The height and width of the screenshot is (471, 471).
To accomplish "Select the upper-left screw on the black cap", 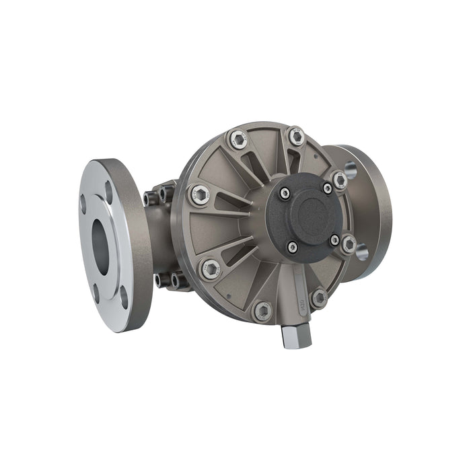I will [x=285, y=194].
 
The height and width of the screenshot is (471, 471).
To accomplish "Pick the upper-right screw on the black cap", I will [x=327, y=188].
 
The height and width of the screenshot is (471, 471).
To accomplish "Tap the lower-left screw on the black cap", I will [x=292, y=247].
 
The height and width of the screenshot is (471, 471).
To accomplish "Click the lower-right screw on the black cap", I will [x=334, y=240].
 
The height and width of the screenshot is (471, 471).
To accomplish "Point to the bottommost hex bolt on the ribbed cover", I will [x=262, y=311].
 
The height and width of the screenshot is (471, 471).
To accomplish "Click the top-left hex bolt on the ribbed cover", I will [x=238, y=139].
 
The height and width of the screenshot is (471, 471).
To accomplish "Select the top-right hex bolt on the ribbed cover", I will [x=296, y=137].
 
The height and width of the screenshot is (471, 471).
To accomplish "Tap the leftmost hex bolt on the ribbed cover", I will [x=198, y=195].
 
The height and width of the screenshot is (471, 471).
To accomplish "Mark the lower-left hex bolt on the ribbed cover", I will [x=210, y=268].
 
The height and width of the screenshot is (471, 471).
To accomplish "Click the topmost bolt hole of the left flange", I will [x=109, y=192].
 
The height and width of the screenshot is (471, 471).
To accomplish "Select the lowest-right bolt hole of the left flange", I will [x=124, y=297].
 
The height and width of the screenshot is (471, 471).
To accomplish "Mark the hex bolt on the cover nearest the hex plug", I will [x=318, y=297].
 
